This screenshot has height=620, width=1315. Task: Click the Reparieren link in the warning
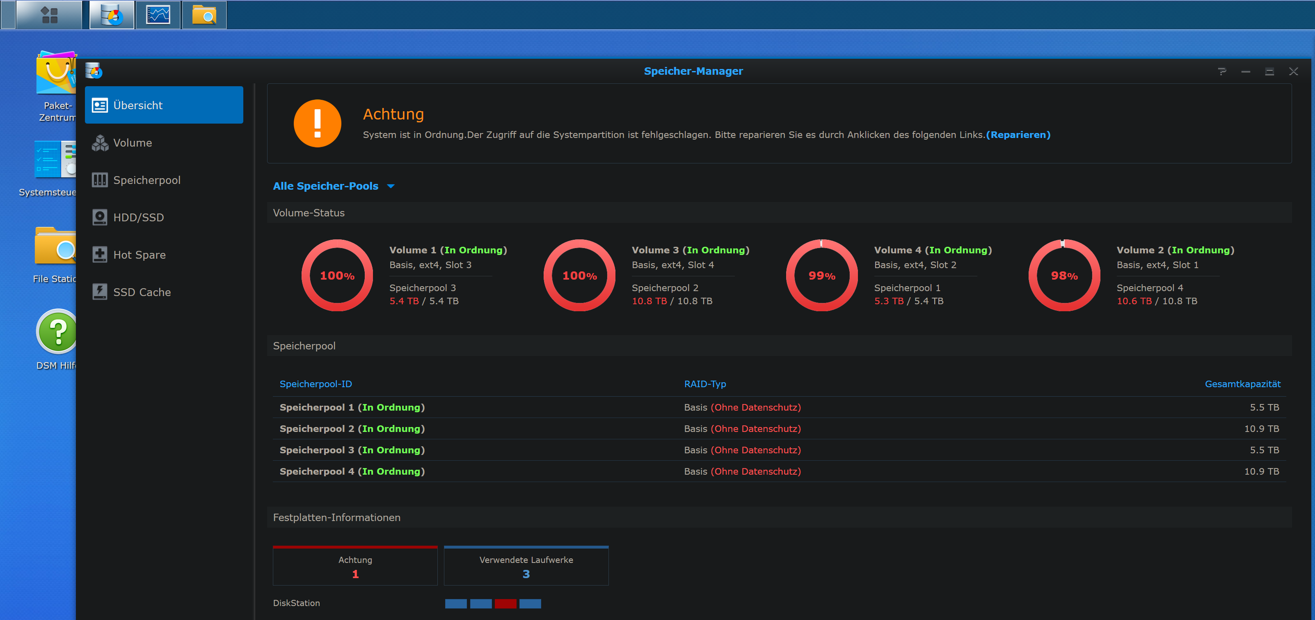pos(1018,135)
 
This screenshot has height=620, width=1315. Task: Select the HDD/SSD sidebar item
pos(138,218)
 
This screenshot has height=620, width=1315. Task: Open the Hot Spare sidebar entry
pos(140,255)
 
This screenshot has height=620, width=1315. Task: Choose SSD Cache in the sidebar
pos(142,292)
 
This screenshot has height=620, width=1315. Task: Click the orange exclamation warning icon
pos(317,123)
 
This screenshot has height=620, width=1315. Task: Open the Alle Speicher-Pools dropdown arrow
pos(391,186)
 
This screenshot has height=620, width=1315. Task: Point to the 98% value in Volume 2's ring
pos(1064,276)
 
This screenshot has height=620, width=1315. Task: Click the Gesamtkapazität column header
pos(1242,384)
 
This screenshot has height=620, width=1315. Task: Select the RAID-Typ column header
pos(704,384)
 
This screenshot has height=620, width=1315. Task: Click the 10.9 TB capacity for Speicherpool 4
pos(1261,471)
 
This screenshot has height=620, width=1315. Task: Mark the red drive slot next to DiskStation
pos(505,604)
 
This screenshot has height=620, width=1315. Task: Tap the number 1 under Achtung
pos(355,574)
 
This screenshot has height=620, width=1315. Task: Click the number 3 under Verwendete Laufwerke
pos(526,574)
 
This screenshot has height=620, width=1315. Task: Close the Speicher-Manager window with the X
pos(1293,71)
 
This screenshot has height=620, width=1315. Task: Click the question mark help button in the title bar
pos(1221,71)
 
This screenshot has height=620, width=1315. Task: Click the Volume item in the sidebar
pos(132,143)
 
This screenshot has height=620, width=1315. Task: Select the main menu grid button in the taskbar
pos(49,15)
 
